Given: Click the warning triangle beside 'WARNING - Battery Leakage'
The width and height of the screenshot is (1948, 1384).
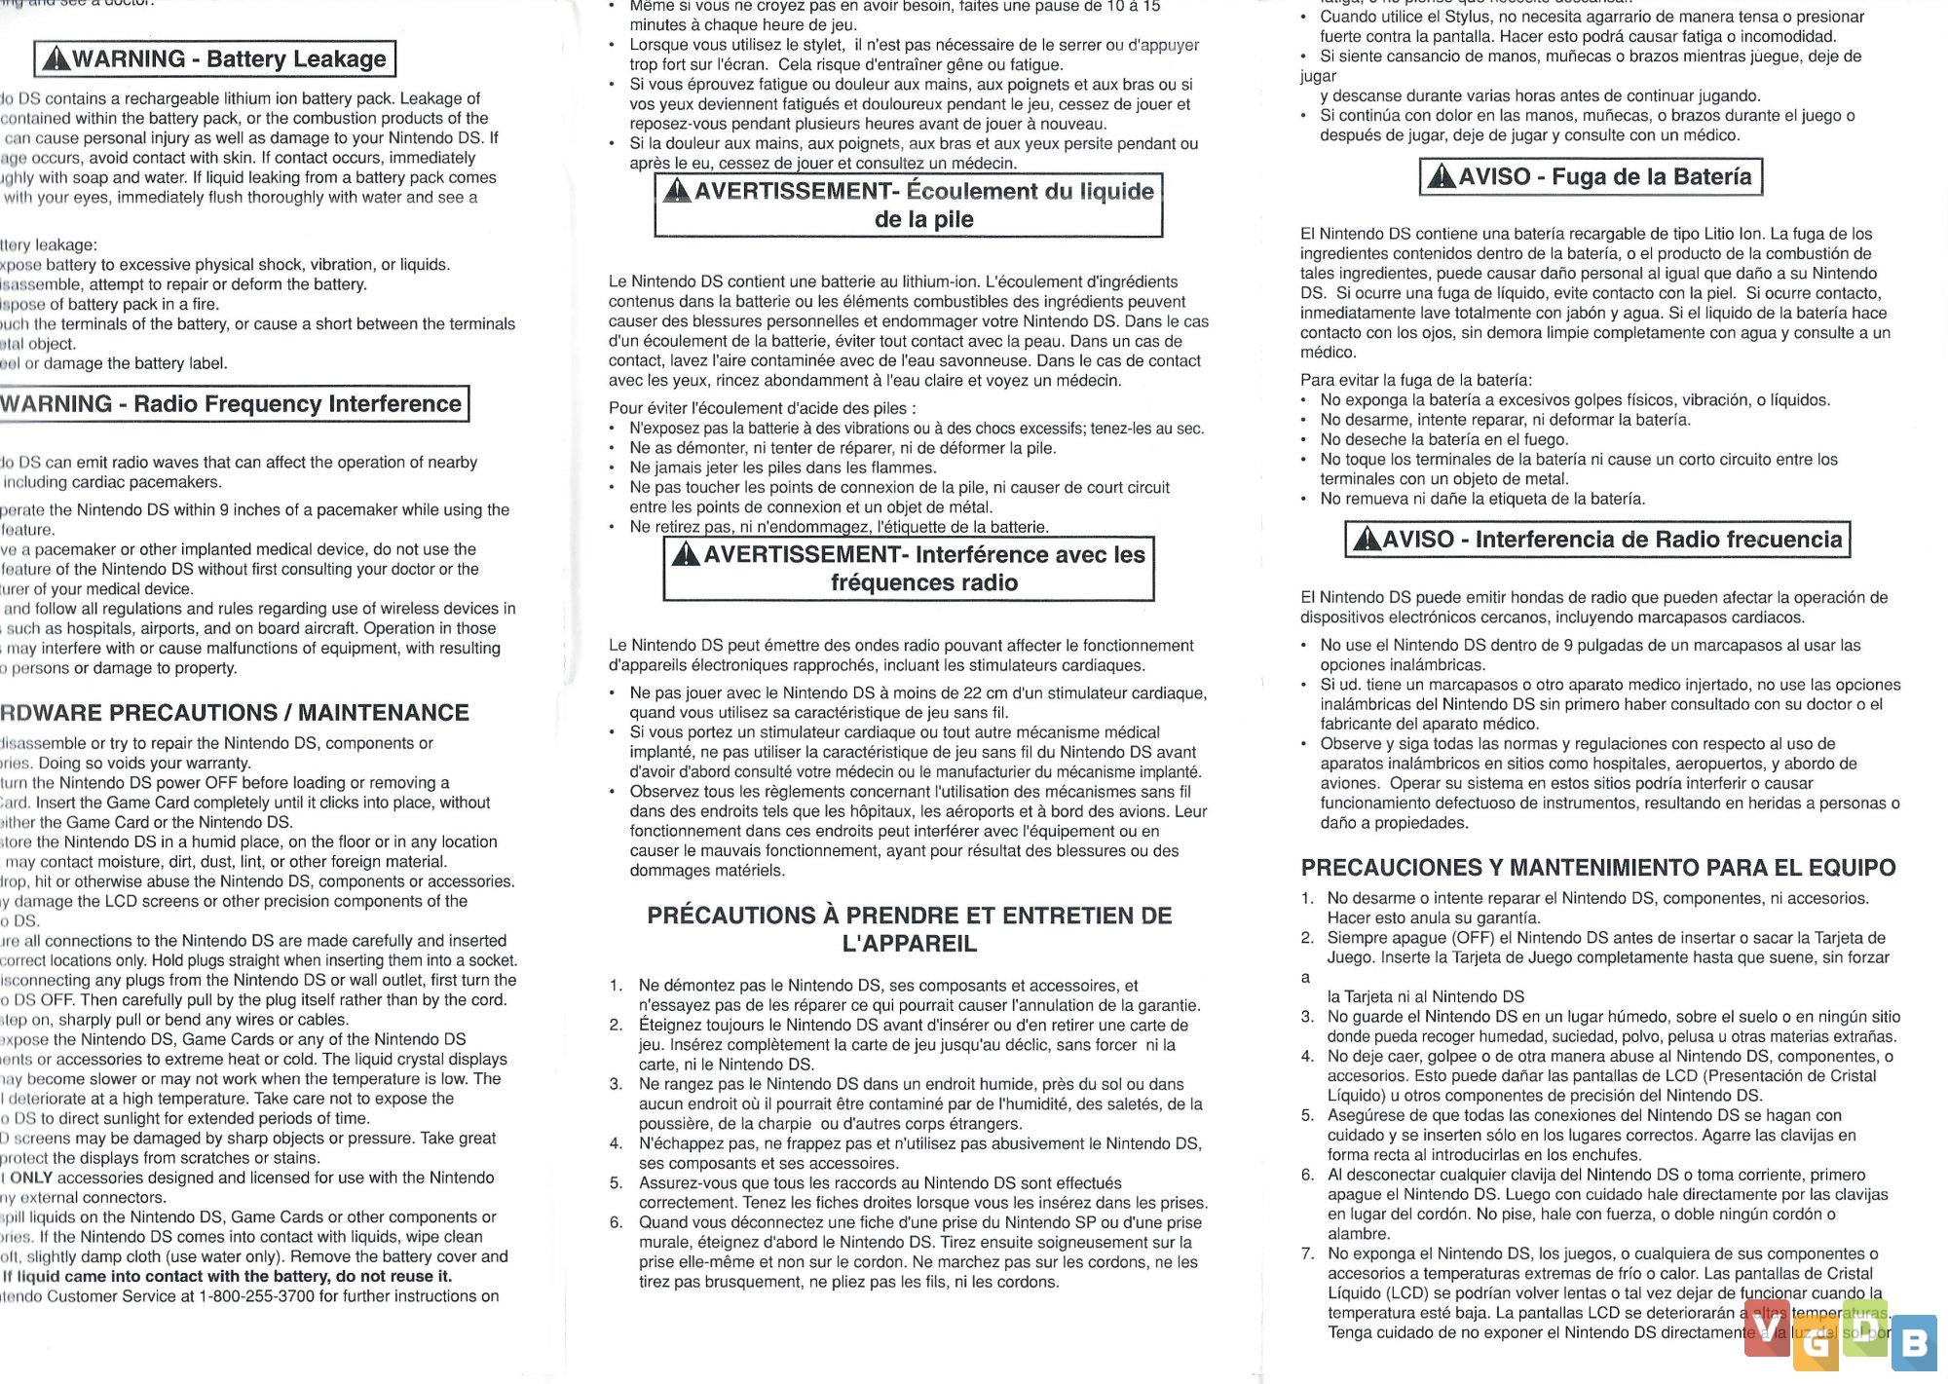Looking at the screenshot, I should point(56,60).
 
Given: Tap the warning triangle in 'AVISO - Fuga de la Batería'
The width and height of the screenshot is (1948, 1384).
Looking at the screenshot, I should point(1442,177).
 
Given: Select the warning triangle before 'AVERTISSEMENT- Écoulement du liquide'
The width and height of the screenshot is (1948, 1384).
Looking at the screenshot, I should point(677,191).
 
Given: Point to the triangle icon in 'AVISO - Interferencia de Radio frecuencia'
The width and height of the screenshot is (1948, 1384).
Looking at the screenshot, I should point(1367,540).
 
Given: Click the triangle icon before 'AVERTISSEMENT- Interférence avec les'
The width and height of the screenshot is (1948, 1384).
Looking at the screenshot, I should point(686,555).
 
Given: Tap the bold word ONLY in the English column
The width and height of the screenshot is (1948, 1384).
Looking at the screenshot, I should point(31,1178).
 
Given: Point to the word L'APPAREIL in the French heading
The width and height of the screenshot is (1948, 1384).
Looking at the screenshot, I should point(909,944).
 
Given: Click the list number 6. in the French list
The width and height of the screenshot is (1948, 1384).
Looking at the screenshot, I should point(617,1222).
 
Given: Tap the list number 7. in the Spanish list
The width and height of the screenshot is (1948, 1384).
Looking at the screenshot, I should point(1308,1253).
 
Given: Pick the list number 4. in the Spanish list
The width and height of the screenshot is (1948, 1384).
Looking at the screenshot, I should point(1308,1056).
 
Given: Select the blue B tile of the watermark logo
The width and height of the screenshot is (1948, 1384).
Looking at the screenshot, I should point(1914,1344).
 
